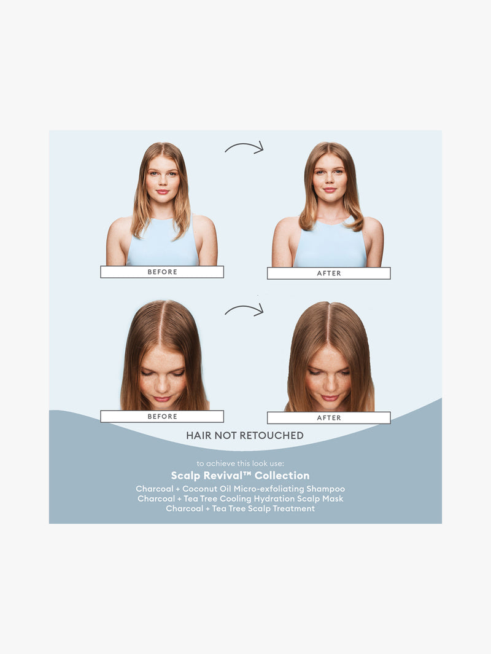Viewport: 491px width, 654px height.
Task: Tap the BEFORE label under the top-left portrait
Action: [162, 272]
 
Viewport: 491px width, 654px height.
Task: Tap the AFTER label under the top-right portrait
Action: [328, 273]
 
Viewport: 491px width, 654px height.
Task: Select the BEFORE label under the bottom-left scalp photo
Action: [162, 416]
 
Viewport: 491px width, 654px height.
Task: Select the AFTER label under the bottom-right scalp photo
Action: [328, 417]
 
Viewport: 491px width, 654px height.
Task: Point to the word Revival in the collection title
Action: [222, 476]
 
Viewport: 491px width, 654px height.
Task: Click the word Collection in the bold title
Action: [282, 476]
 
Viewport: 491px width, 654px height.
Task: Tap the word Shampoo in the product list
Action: [325, 489]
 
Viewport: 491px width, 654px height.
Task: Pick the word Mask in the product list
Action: [332, 498]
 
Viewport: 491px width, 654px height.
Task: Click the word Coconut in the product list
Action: [199, 489]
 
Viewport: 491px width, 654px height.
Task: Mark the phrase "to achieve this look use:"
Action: [241, 463]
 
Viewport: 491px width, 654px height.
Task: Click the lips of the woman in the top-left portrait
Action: [163, 192]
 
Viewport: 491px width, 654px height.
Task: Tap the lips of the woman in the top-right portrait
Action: [330, 190]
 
